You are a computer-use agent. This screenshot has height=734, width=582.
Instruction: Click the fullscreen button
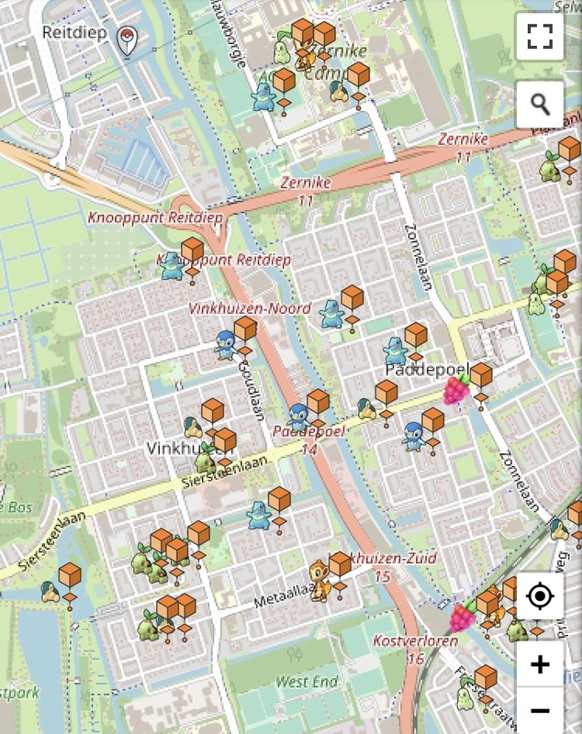coord(540,37)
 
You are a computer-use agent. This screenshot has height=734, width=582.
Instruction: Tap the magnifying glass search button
coord(540,105)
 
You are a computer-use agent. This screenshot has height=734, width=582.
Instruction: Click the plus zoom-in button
coord(540,663)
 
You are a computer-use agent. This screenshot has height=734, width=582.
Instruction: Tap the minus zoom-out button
coord(540,711)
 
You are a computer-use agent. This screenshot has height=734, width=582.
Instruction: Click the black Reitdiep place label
coord(74,33)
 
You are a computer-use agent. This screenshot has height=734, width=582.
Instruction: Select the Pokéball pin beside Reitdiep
coord(128,39)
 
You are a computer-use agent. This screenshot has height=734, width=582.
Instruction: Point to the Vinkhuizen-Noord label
coord(250,308)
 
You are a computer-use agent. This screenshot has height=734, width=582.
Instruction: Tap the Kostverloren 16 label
coord(415,649)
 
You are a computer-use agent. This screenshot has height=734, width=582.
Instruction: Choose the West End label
coord(307,682)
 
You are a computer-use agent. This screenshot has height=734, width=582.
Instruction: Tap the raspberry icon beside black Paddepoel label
coord(457,389)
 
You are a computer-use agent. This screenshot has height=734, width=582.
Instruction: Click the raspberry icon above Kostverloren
coord(464,616)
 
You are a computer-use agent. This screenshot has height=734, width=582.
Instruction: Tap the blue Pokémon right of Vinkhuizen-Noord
coord(330,314)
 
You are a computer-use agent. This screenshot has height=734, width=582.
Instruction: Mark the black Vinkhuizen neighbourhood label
coord(179,449)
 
